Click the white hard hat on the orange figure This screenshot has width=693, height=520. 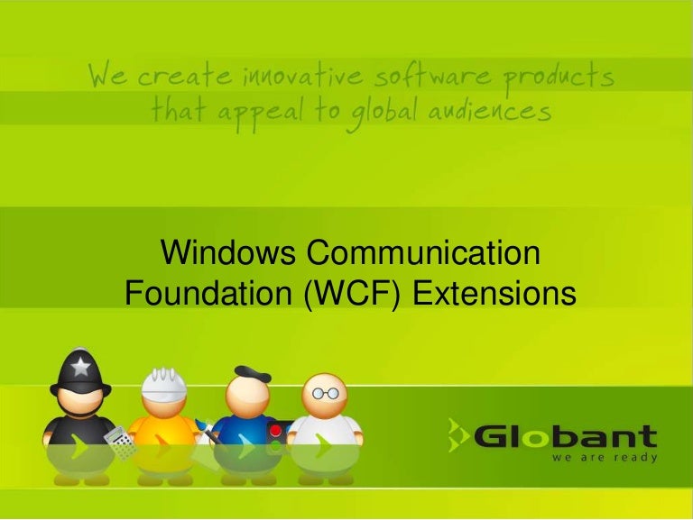click(x=164, y=383)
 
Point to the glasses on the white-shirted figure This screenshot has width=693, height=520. click(x=325, y=393)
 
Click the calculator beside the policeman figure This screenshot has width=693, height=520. click(x=119, y=444)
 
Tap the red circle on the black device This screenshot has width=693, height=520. click(x=275, y=431)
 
